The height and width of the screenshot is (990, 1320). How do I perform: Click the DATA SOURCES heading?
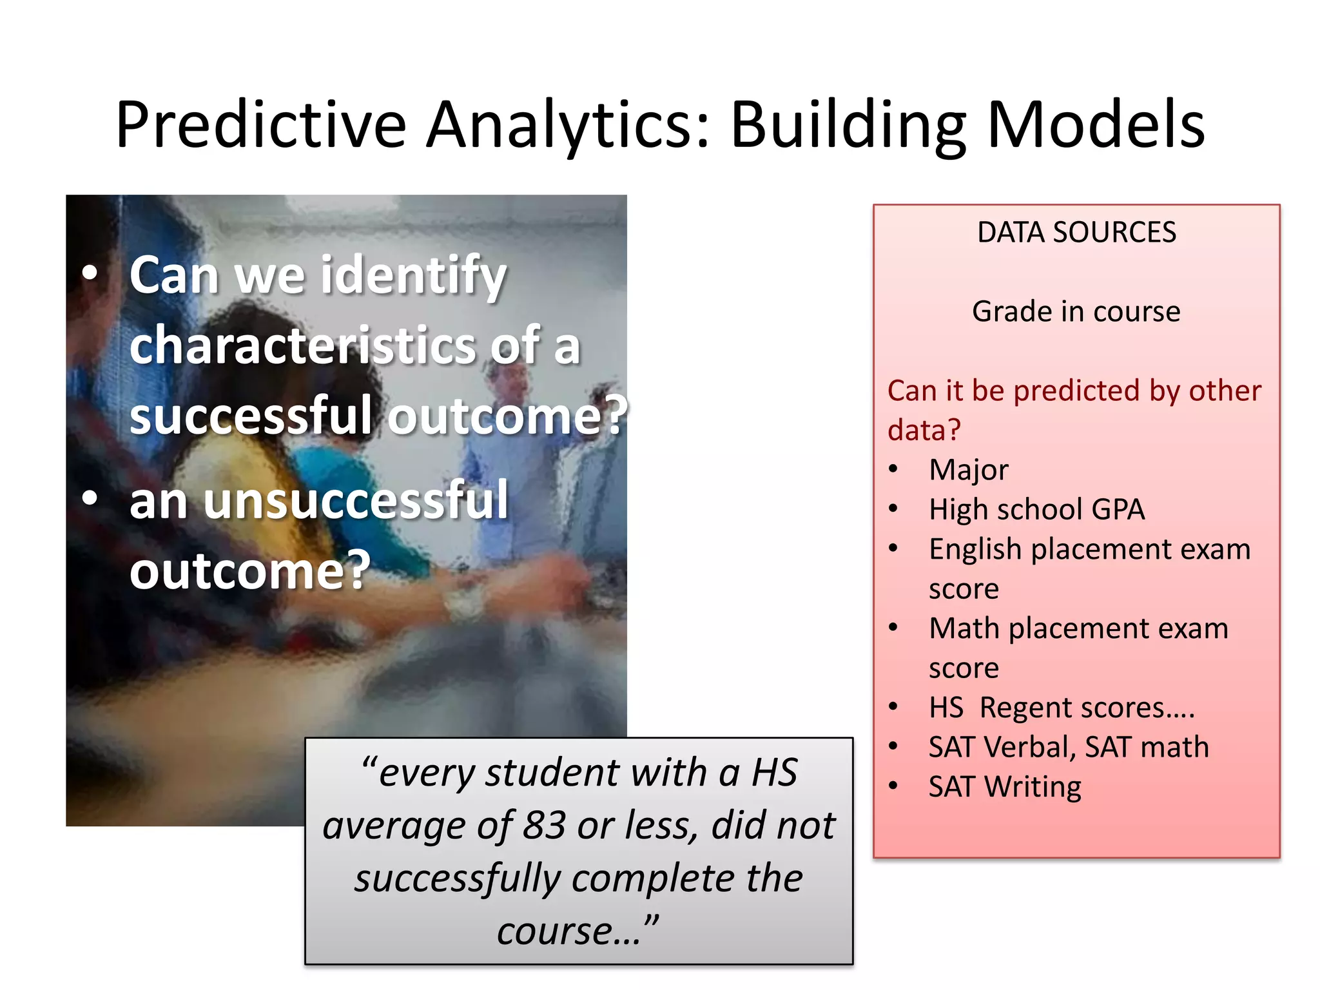click(1076, 232)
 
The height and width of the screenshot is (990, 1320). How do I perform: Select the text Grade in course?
click(1076, 311)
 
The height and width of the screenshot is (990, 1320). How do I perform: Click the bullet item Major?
click(968, 470)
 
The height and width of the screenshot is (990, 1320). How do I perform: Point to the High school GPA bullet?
click(1036, 509)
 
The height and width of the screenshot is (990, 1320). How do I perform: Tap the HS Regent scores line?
click(1061, 708)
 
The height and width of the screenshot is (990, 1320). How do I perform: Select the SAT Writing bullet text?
click(1004, 787)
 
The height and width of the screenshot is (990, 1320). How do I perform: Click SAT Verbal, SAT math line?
click(1068, 747)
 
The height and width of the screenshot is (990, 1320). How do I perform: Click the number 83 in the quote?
click(544, 825)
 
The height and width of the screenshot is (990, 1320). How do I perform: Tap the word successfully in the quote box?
click(457, 878)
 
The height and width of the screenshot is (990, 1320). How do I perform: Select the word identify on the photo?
click(413, 276)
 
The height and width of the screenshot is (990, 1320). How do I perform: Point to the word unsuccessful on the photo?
click(356, 501)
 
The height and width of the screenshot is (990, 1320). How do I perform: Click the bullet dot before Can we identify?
click(90, 273)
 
